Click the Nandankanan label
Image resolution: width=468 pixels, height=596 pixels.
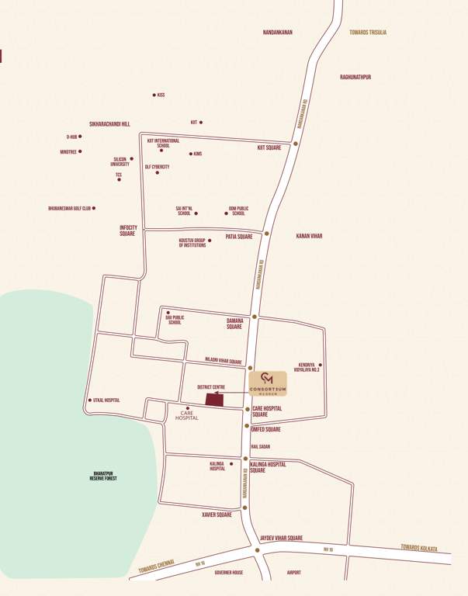tap(277, 33)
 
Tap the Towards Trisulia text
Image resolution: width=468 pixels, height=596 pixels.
tap(368, 33)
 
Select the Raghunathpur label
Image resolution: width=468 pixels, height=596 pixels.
tap(355, 77)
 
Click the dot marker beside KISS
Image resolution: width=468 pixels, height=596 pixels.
tap(154, 95)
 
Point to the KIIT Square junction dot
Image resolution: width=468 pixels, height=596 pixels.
tap(296, 144)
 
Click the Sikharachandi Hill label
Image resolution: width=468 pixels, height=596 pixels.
tap(109, 123)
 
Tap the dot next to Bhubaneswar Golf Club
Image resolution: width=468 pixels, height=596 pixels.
tap(94, 208)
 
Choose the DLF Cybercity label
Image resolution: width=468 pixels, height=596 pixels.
tap(157, 167)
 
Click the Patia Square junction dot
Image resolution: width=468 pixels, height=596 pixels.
tap(267, 233)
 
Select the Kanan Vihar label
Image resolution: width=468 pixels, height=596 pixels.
tap(309, 236)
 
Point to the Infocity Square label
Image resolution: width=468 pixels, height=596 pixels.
tap(128, 230)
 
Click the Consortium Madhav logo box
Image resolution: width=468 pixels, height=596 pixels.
tap(268, 383)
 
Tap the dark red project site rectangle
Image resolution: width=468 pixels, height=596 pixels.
tap(214, 400)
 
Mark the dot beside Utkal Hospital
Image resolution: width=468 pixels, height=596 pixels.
tap(90, 400)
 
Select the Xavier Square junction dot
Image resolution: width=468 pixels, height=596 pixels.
tap(244, 508)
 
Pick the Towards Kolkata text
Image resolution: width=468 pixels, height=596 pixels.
tap(419, 547)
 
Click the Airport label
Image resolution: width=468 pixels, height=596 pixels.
tap(293, 573)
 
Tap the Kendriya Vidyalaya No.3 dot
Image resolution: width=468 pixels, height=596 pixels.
tap(321, 364)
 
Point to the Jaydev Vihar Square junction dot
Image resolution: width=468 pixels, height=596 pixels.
tap(258, 549)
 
